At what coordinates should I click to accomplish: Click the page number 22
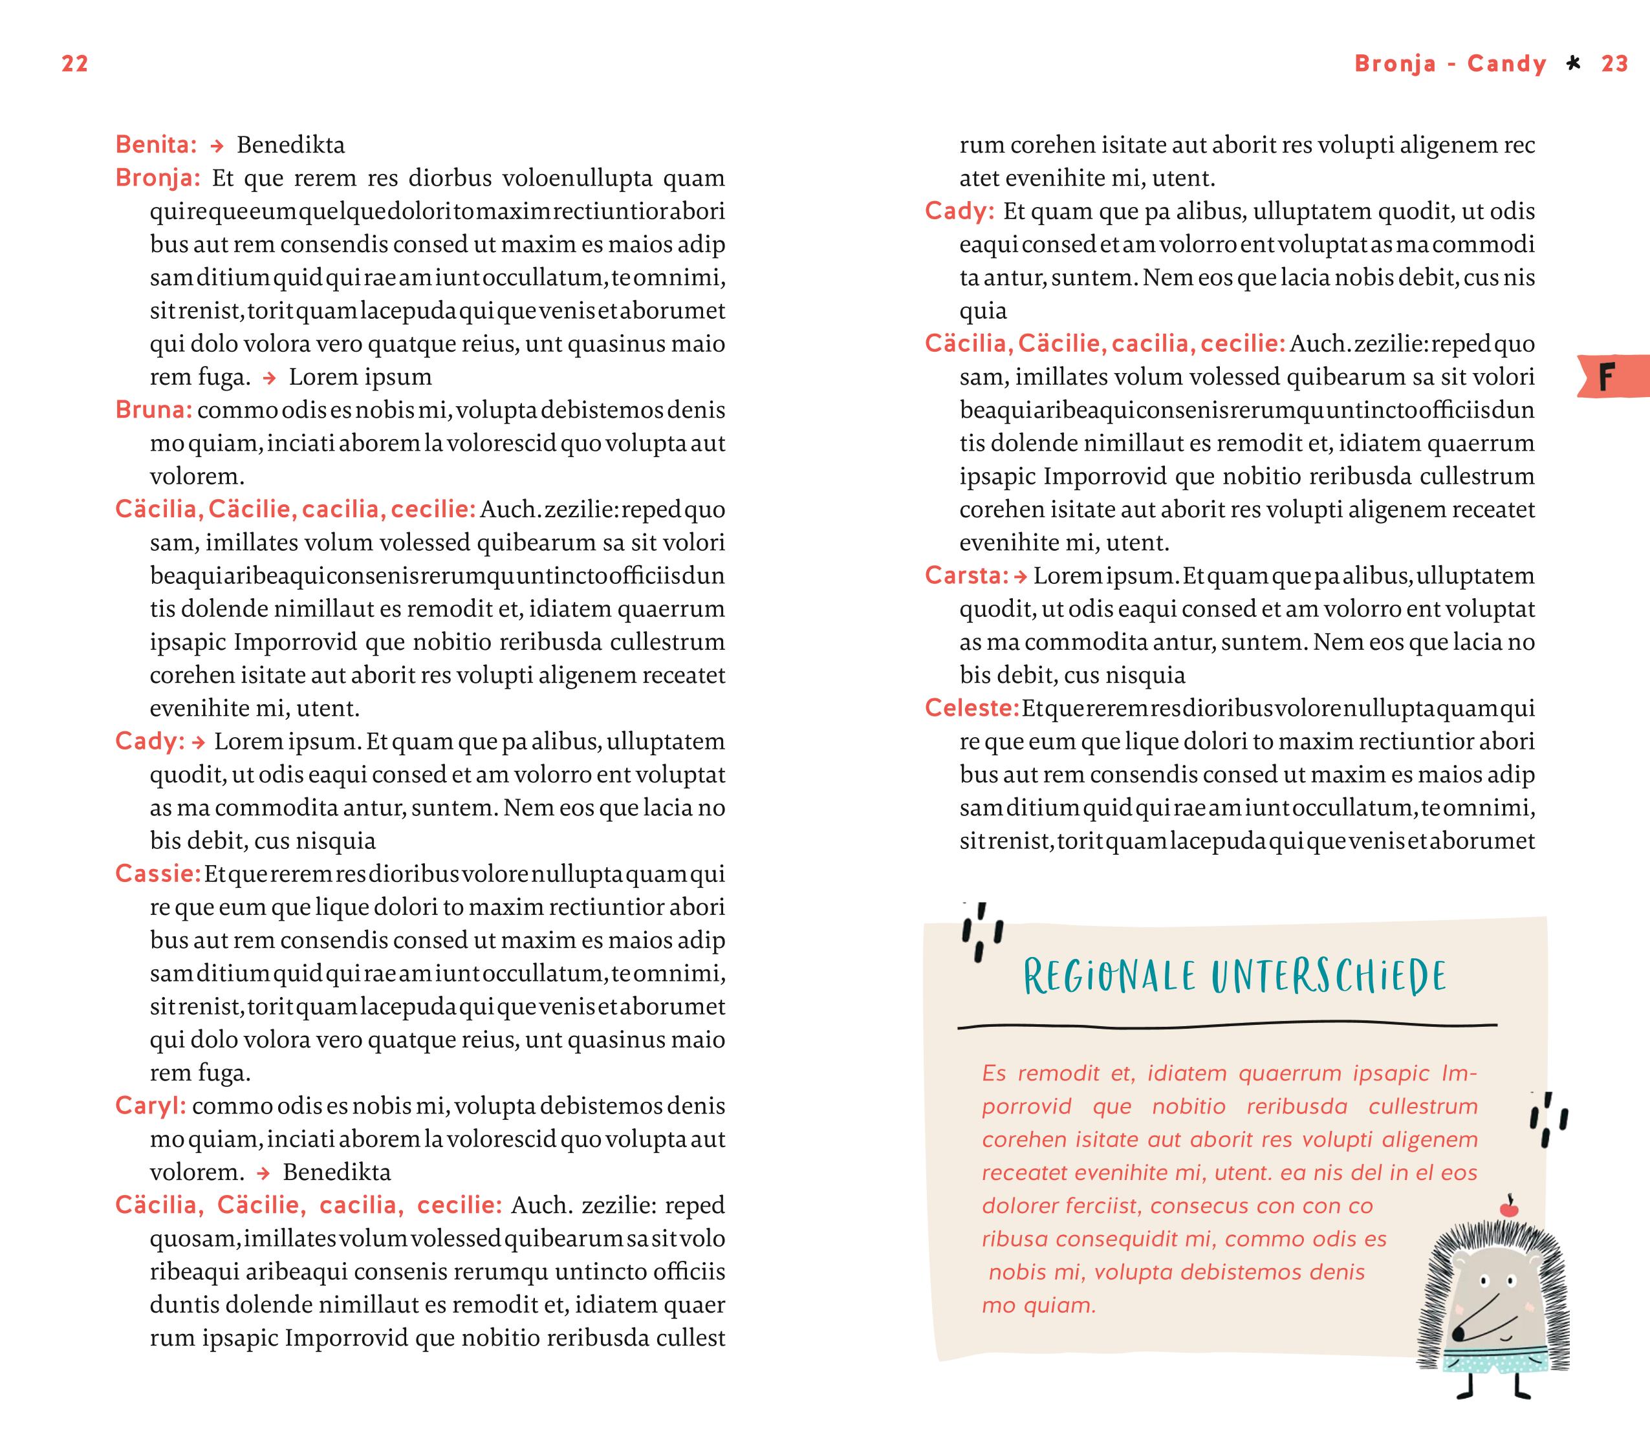[x=75, y=64]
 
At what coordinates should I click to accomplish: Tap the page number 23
[x=1614, y=64]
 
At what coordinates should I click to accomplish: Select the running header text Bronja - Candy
[x=1449, y=64]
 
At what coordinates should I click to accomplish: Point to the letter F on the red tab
[x=1607, y=377]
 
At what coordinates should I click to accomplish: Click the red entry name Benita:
[x=156, y=144]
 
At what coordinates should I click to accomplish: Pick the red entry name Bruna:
[x=153, y=410]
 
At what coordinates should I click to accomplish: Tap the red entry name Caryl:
[x=150, y=1106]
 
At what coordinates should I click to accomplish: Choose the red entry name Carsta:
[x=966, y=575]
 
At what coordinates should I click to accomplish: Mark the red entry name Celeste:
[x=972, y=708]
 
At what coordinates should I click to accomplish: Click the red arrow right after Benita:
[x=216, y=146]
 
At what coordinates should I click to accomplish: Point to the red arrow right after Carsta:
[x=1021, y=576]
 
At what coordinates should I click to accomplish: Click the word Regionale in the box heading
[x=1109, y=976]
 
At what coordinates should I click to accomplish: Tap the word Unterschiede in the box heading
[x=1328, y=976]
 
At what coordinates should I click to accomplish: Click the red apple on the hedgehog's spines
[x=1509, y=1208]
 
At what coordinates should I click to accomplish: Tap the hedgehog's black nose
[x=1458, y=1331]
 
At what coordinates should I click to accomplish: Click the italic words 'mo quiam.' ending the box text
[x=1039, y=1306]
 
